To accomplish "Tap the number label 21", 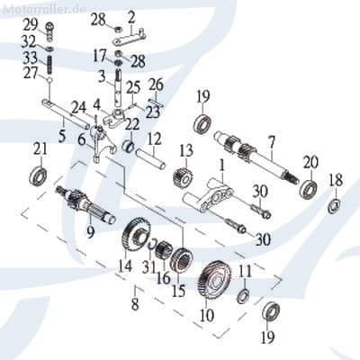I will [39, 148].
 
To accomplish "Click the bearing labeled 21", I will [40, 172].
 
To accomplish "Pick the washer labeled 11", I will [244, 297].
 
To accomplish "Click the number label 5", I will [62, 136].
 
